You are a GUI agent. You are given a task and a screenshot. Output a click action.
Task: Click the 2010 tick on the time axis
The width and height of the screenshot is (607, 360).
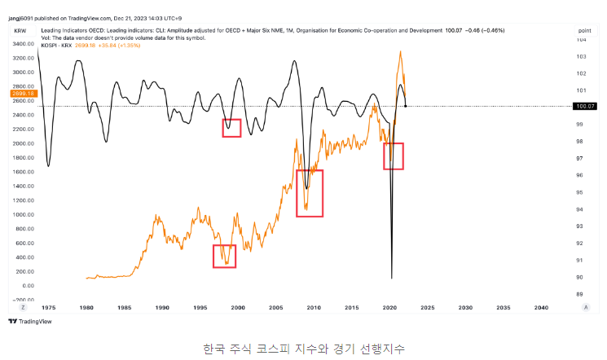coord(314,308)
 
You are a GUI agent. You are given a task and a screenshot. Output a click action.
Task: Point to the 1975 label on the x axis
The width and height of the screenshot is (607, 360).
coord(50,308)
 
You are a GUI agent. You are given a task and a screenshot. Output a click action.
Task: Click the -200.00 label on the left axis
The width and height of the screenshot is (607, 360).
coord(23,300)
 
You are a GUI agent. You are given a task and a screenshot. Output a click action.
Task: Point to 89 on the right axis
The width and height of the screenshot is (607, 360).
coord(580,294)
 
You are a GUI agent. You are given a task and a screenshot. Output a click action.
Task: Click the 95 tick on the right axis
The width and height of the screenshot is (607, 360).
coord(580,192)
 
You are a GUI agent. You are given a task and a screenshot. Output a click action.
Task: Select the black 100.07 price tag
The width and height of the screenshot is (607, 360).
coord(586,106)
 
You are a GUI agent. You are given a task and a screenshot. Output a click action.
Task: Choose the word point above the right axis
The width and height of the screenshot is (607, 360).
coord(585,29)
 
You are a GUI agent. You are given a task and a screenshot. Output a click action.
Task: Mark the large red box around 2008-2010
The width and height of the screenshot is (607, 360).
coord(310,193)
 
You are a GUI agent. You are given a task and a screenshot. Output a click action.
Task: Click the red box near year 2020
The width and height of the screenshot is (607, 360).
coord(394,156)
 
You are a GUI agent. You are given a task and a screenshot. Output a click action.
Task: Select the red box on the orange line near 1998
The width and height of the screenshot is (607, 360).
coord(224,256)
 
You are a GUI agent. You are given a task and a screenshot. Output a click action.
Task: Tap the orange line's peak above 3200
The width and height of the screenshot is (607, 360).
coord(400,52)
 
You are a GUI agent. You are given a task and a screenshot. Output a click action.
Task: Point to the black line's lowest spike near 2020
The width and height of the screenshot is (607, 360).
coord(392,278)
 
